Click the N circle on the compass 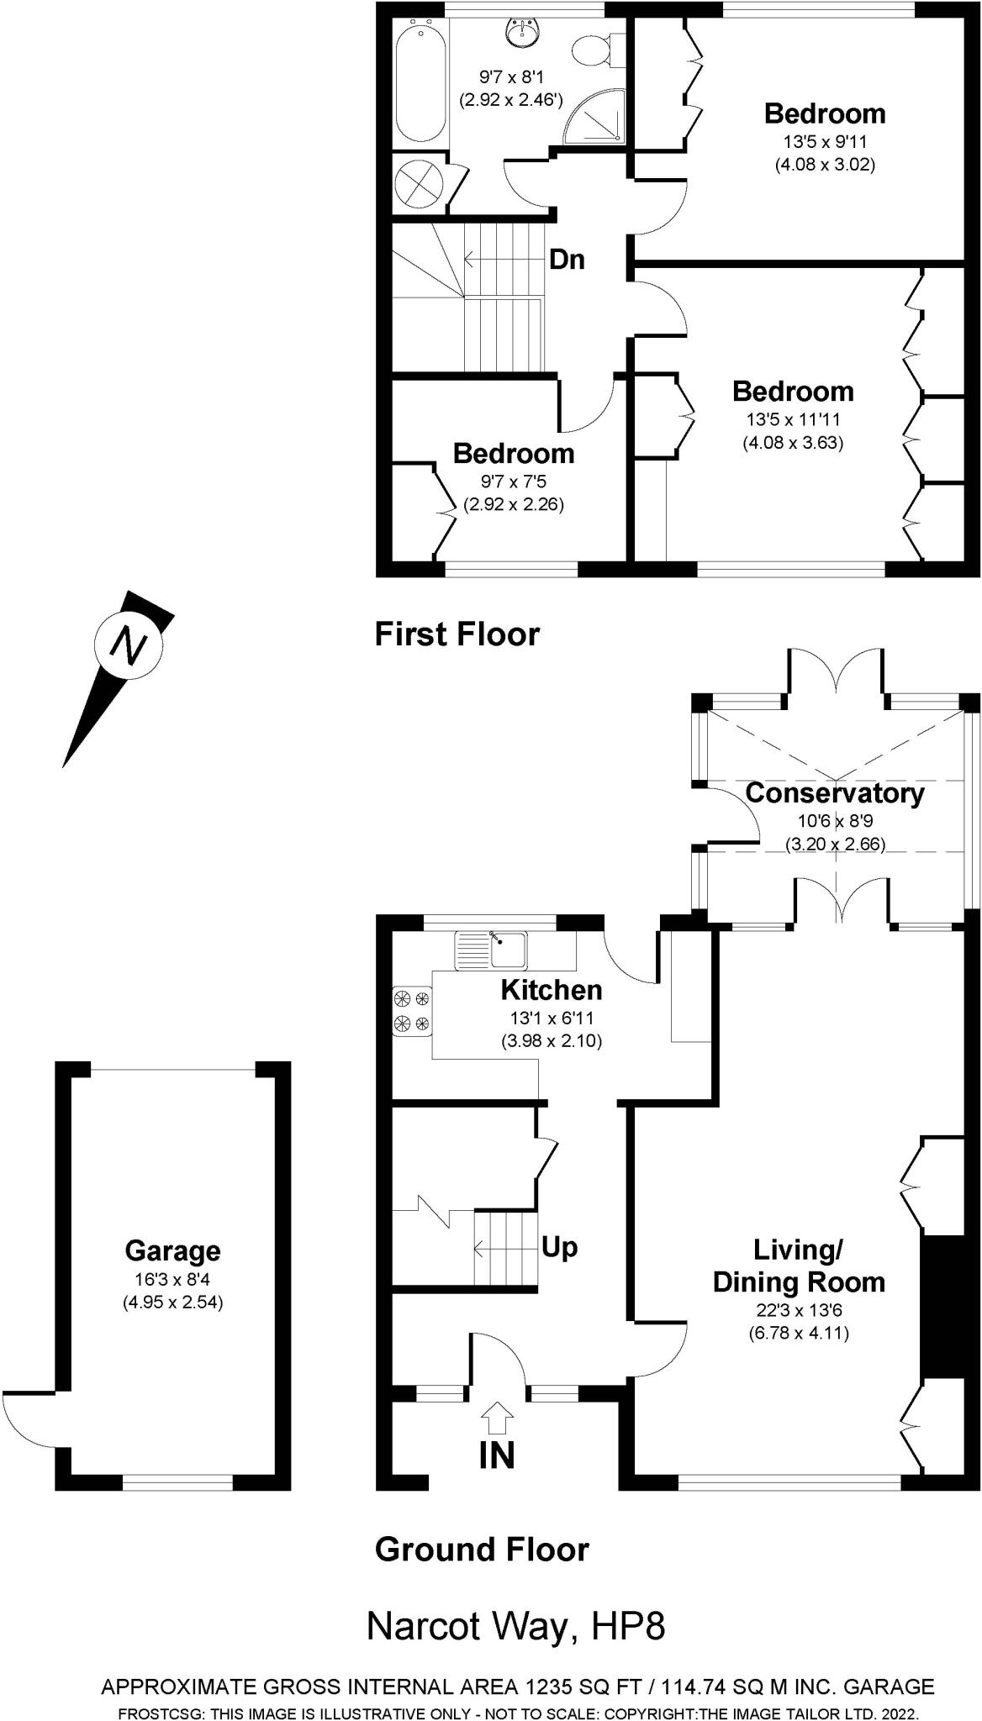[x=129, y=645]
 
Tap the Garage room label [x=172, y=1250]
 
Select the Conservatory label [x=834, y=792]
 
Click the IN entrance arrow [x=497, y=1418]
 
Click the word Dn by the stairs [x=567, y=260]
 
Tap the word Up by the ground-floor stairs [x=559, y=1247]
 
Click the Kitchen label [x=552, y=990]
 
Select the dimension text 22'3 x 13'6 [x=798, y=1309]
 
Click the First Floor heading [x=457, y=634]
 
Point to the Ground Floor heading [x=482, y=1549]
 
